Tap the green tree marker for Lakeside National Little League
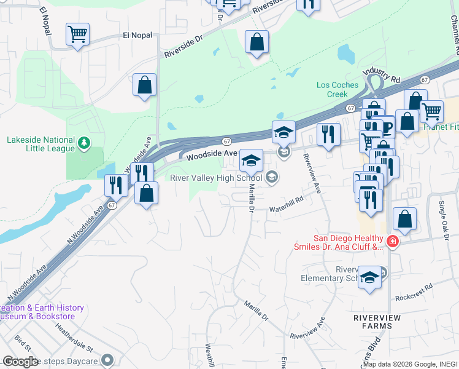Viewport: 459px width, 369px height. pyautogui.click(x=85, y=144)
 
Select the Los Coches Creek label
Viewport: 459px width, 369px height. pyautogui.click(x=332, y=90)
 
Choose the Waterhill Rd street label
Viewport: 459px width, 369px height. pyautogui.click(x=287, y=209)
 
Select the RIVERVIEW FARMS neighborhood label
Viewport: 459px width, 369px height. pyautogui.click(x=385, y=317)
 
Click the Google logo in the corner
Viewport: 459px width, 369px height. pyautogui.click(x=20, y=361)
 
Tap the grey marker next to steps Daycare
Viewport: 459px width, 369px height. pyautogui.click(x=108, y=360)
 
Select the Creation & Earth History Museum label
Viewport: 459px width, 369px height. pyautogui.click(x=37, y=312)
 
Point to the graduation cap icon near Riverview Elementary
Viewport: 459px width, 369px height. pyautogui.click(x=369, y=277)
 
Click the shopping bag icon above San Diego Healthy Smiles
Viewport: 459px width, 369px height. pyautogui.click(x=404, y=219)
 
